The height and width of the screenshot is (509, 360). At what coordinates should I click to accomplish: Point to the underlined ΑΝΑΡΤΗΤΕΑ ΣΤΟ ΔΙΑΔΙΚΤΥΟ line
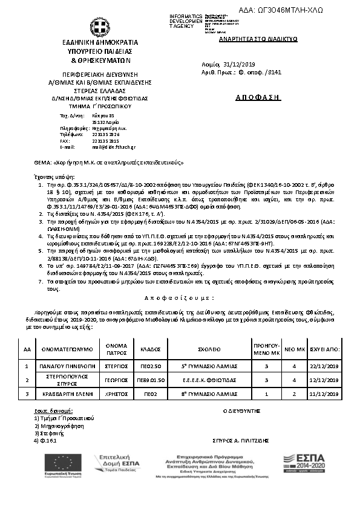[x=249, y=38]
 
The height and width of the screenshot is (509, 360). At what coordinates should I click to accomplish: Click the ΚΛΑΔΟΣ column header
[x=150, y=349]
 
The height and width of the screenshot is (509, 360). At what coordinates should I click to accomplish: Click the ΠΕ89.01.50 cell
[x=150, y=380]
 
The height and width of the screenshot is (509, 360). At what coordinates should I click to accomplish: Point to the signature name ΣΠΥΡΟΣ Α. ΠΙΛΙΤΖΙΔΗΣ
[x=241, y=441]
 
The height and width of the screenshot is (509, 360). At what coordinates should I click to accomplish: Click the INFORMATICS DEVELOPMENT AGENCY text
[x=186, y=21]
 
